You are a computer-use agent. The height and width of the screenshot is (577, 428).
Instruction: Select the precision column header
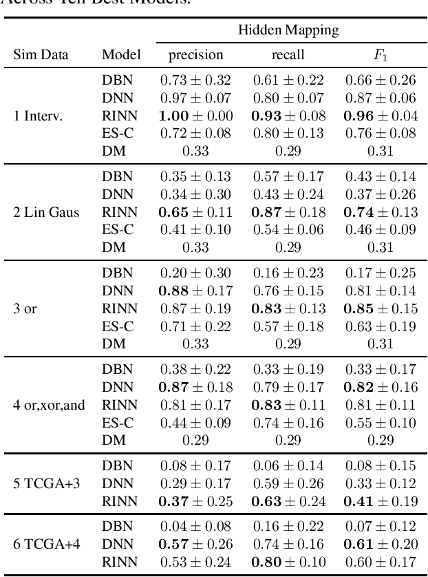(x=196, y=54)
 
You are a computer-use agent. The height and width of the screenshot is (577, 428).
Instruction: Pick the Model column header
(x=121, y=54)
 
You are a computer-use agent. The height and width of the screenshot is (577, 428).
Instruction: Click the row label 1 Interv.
(x=39, y=116)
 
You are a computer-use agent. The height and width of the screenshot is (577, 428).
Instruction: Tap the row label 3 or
(x=25, y=308)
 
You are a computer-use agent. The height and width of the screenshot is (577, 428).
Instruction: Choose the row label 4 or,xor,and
(x=49, y=405)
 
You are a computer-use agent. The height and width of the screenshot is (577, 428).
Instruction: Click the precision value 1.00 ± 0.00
(x=196, y=116)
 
